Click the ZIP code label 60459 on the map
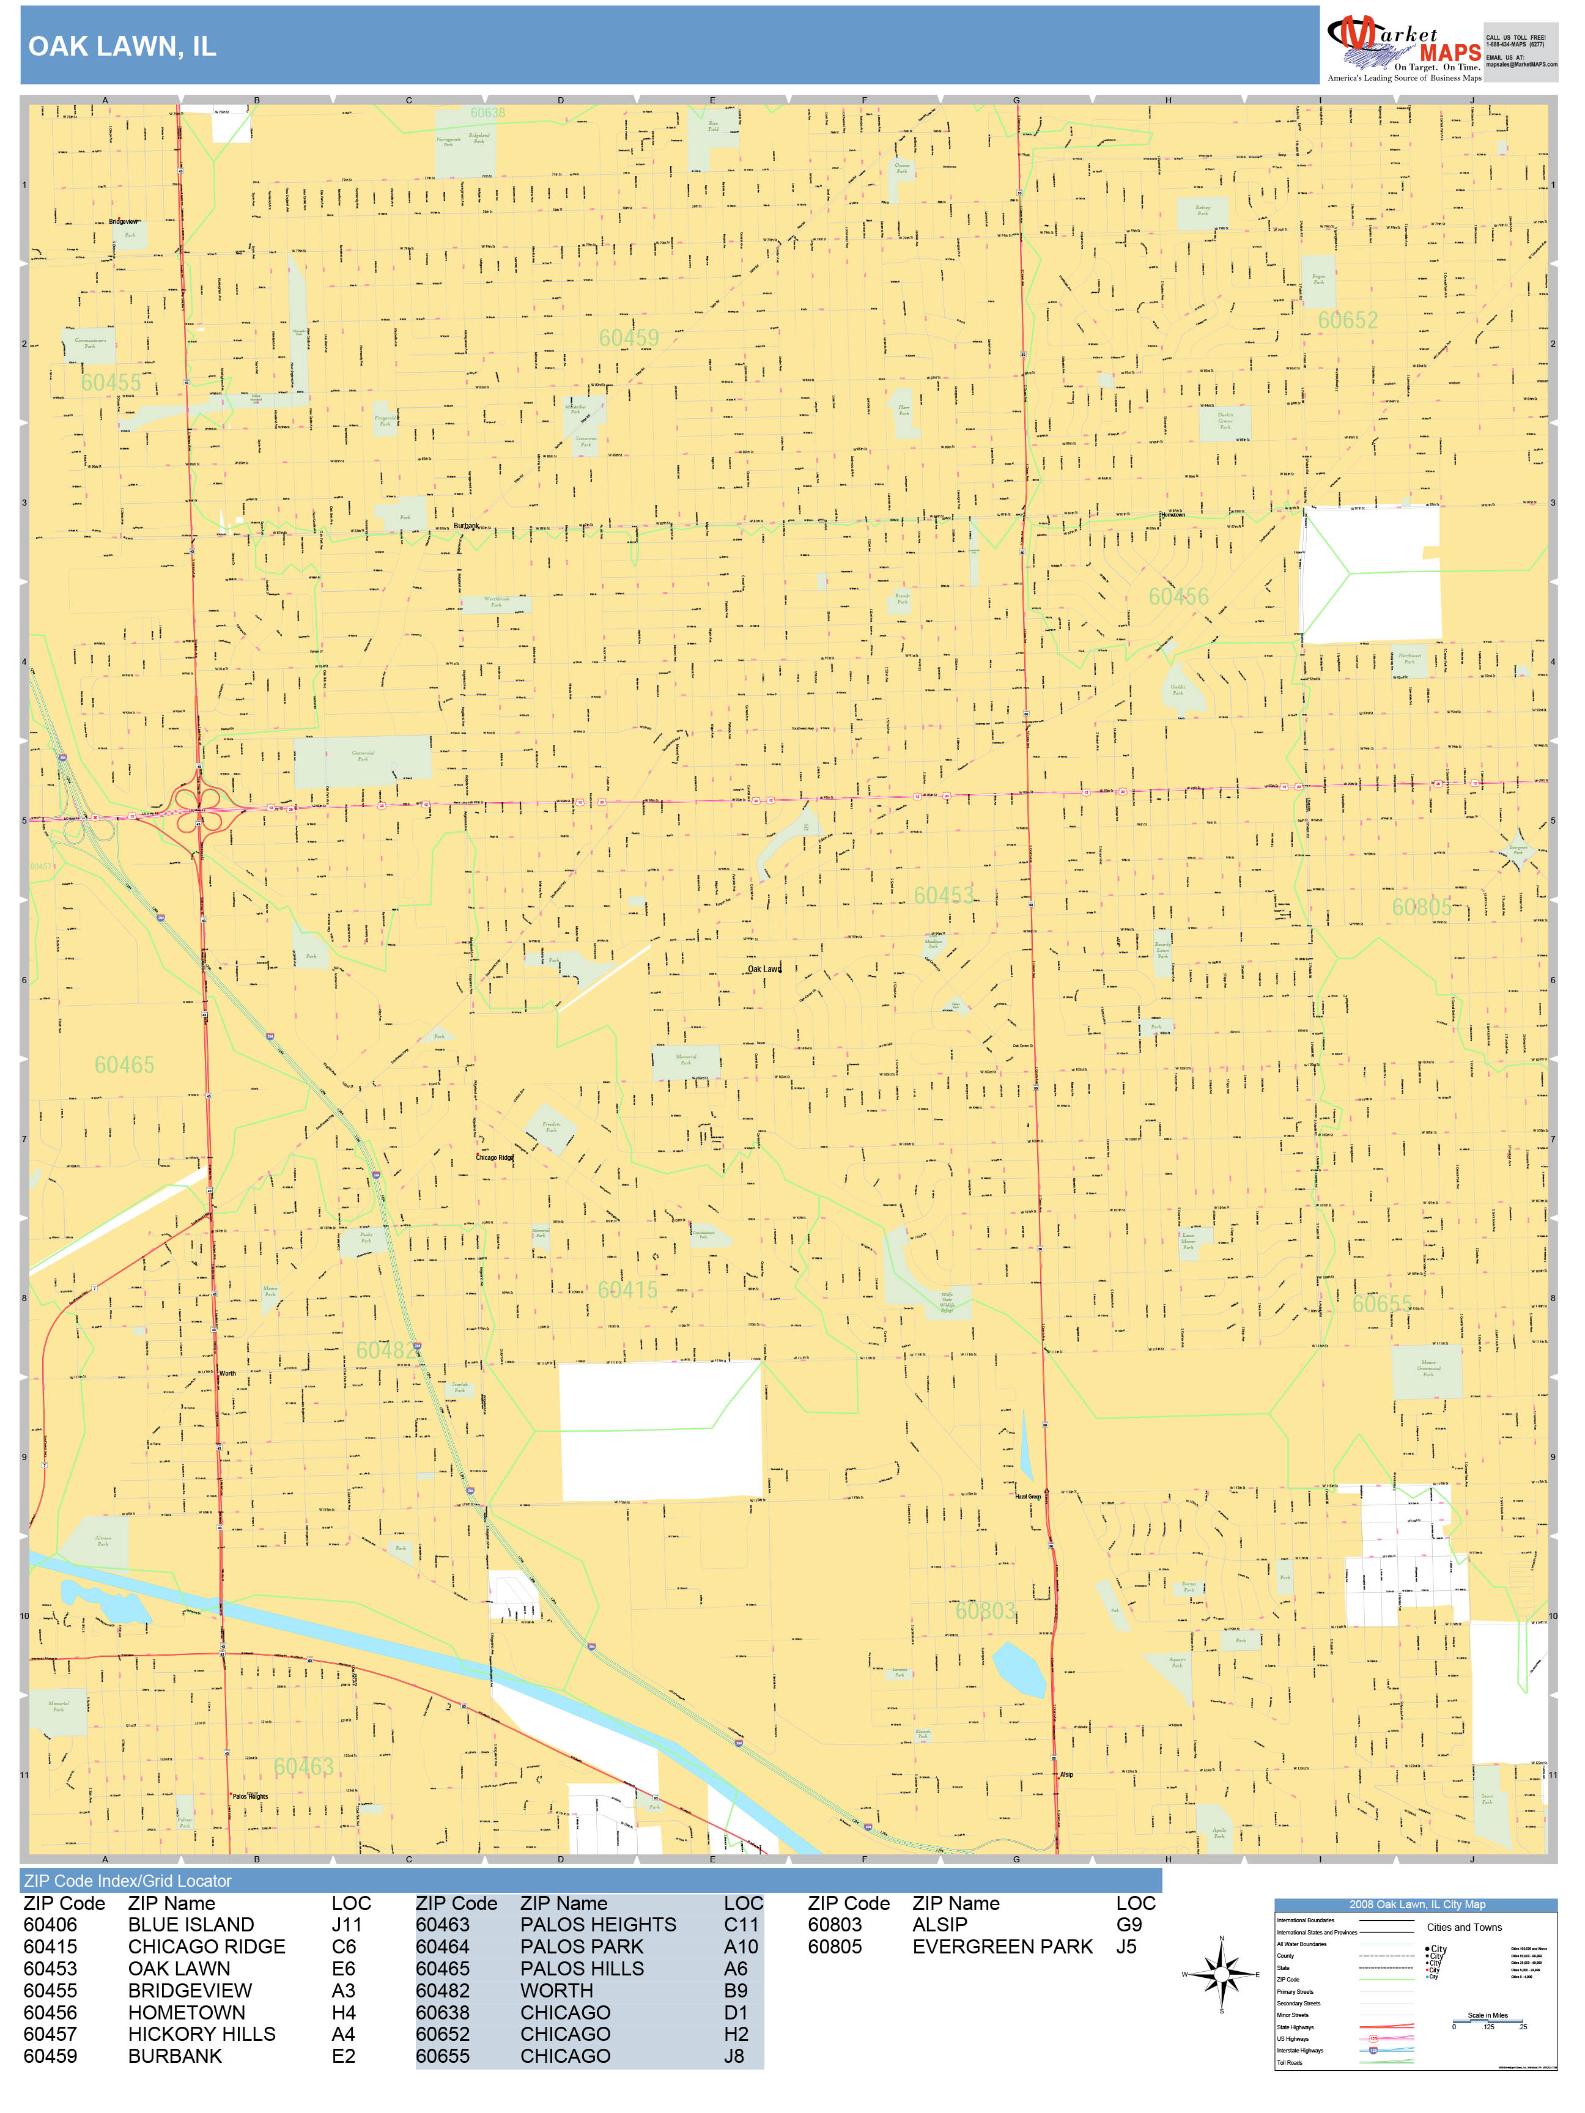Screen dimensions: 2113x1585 (x=629, y=338)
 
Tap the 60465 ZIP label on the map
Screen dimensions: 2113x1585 (x=124, y=1065)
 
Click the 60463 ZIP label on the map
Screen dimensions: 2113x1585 (x=304, y=1767)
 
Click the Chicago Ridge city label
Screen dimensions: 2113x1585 (x=494, y=1158)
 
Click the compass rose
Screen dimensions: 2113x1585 (x=1221, y=1974)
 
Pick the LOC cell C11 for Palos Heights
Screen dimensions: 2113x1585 (x=741, y=1925)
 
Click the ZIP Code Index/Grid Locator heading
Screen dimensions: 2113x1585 (x=128, y=1881)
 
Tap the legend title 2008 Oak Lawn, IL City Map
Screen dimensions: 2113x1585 (x=1416, y=1905)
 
